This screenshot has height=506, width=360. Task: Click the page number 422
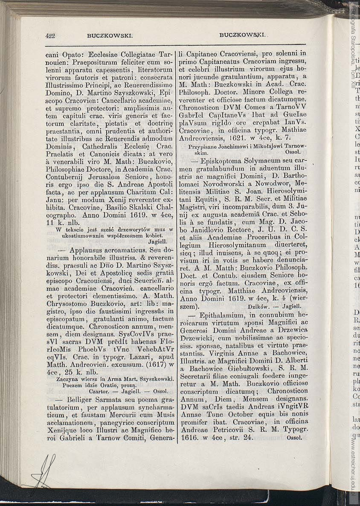[50, 36]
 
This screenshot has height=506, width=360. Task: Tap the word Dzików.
[258, 306]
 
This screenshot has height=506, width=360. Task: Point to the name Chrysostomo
[68, 303]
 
